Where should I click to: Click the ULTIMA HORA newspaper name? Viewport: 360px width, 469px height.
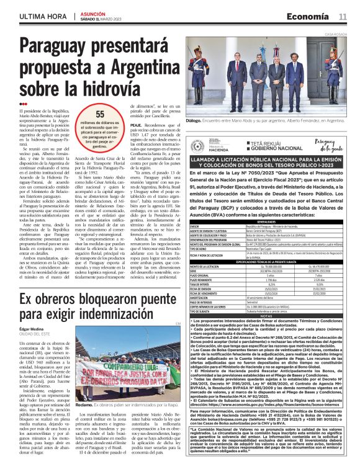point(42,16)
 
